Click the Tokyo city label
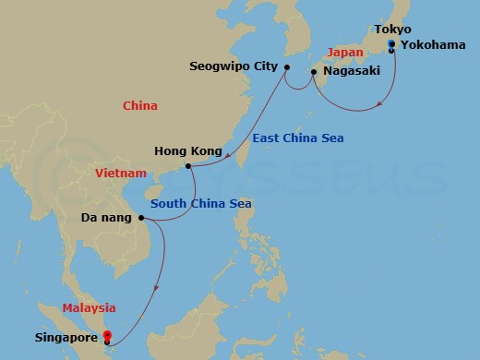pos(393,30)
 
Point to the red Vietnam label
pos(121,173)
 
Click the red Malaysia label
pos(90,307)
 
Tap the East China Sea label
pos(298,138)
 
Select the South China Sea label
pos(201,204)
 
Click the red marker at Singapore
pos(107,335)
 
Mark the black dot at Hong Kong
pos(188,166)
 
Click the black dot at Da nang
pos(141,219)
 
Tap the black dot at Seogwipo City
pos(286,67)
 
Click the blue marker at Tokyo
pos(391,43)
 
